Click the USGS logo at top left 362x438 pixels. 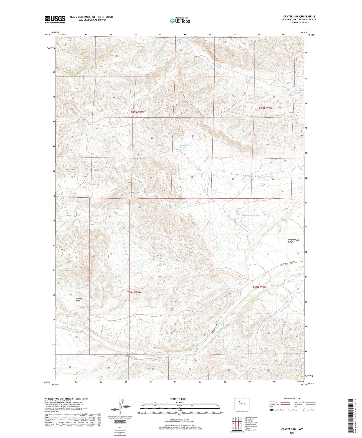pyautogui.click(x=55, y=19)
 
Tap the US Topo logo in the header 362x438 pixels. pyautogui.click(x=180, y=20)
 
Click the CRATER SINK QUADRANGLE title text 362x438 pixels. pyautogui.click(x=299, y=17)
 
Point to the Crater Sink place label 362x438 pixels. pyautogui.click(x=79, y=300)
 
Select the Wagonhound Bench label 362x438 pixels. pyautogui.click(x=293, y=241)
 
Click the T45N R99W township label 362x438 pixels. pyautogui.click(x=138, y=112)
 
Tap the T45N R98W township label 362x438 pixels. pyautogui.click(x=265, y=108)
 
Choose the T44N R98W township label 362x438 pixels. pyautogui.click(x=259, y=287)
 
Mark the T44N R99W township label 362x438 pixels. pyautogui.click(x=134, y=292)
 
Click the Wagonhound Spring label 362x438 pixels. pyautogui.click(x=185, y=146)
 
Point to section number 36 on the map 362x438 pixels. pyautogui.click(x=192, y=177)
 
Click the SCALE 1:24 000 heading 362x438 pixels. pyautogui.click(x=178, y=399)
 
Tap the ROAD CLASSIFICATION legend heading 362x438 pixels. pyautogui.click(x=292, y=399)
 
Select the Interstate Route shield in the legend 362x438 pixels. pyautogui.click(x=272, y=410)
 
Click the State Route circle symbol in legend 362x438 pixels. pyautogui.click(x=304, y=410)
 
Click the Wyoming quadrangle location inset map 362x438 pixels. pyautogui.click(x=242, y=404)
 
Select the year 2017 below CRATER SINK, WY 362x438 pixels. pyautogui.click(x=292, y=433)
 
